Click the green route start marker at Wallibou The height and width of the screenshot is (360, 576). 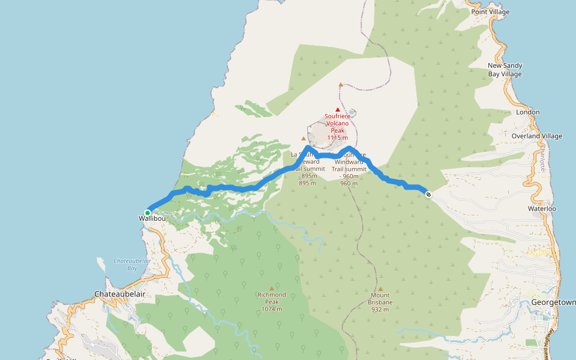148,212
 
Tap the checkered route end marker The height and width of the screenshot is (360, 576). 428,194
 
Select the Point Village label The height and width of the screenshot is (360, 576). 490,12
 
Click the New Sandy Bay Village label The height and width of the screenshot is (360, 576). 505,70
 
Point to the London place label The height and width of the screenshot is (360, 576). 528,112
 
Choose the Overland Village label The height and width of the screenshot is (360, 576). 537,136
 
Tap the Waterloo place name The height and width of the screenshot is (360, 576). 542,209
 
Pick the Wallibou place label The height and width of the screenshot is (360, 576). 152,219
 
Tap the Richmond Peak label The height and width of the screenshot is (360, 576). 271,295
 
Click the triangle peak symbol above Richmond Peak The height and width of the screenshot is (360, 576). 271,288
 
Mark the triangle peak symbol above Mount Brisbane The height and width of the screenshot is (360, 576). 380,289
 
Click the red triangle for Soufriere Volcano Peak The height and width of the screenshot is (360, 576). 338,109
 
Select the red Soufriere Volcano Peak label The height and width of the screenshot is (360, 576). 338,123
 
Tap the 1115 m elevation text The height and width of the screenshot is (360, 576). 338,138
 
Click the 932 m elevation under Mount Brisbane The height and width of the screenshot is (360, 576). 380,310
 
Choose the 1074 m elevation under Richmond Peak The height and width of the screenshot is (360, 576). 271,310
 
